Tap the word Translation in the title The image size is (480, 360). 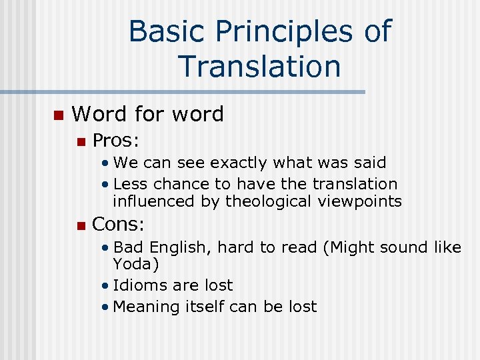coord(260,67)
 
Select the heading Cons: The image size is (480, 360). coord(118,225)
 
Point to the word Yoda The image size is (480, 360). coord(135,265)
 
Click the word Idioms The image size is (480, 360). coord(139,285)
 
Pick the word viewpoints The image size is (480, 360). coord(363,201)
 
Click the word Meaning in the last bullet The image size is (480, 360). coord(147,307)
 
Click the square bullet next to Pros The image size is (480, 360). coord(80,141)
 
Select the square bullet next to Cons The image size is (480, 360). coord(80,225)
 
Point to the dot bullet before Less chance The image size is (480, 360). coord(106,184)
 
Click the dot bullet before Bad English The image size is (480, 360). coord(106,248)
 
